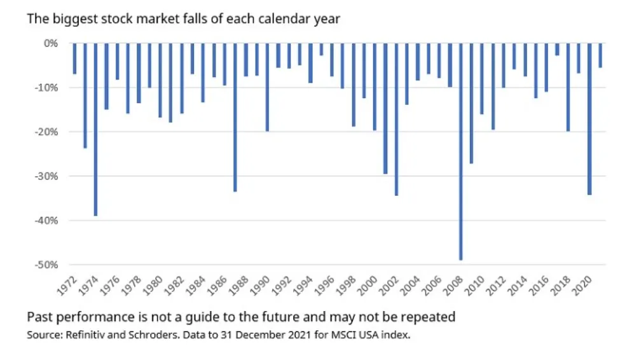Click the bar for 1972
click(x=74, y=59)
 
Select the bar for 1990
click(x=268, y=87)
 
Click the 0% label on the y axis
click(x=51, y=43)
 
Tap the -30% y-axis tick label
click(x=50, y=176)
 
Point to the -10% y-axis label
click(x=50, y=88)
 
